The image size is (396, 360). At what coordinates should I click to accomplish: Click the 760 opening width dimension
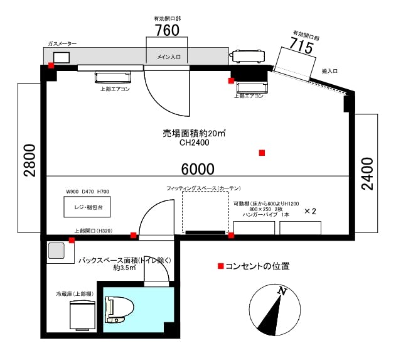[x=167, y=30]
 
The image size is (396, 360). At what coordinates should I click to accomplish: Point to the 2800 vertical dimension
[x=29, y=160]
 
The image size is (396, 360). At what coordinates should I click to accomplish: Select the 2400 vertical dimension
[x=368, y=173]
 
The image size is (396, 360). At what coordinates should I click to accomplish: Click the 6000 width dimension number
[x=198, y=169]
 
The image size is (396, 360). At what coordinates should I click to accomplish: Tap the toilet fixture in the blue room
[x=119, y=310]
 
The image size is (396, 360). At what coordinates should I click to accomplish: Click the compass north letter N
[x=282, y=292]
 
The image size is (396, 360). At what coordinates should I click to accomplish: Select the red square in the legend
[x=221, y=266]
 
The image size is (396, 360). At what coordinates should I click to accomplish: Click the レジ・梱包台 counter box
[x=87, y=207]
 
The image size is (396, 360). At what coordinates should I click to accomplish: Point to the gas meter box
[x=62, y=57]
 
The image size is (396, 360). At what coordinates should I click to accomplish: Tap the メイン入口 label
[x=169, y=57]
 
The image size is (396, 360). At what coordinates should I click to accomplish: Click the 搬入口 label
[x=329, y=71]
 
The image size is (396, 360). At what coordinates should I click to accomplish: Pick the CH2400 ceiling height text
[x=195, y=143]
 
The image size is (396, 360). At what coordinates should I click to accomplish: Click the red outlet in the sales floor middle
[x=262, y=153]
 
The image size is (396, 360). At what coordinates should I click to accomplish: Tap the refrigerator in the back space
[x=83, y=315]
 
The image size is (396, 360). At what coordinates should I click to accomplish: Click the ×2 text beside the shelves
[x=310, y=211]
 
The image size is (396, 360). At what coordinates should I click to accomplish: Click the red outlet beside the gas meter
[x=51, y=65]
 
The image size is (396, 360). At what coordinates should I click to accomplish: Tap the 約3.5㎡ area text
[x=124, y=268]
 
